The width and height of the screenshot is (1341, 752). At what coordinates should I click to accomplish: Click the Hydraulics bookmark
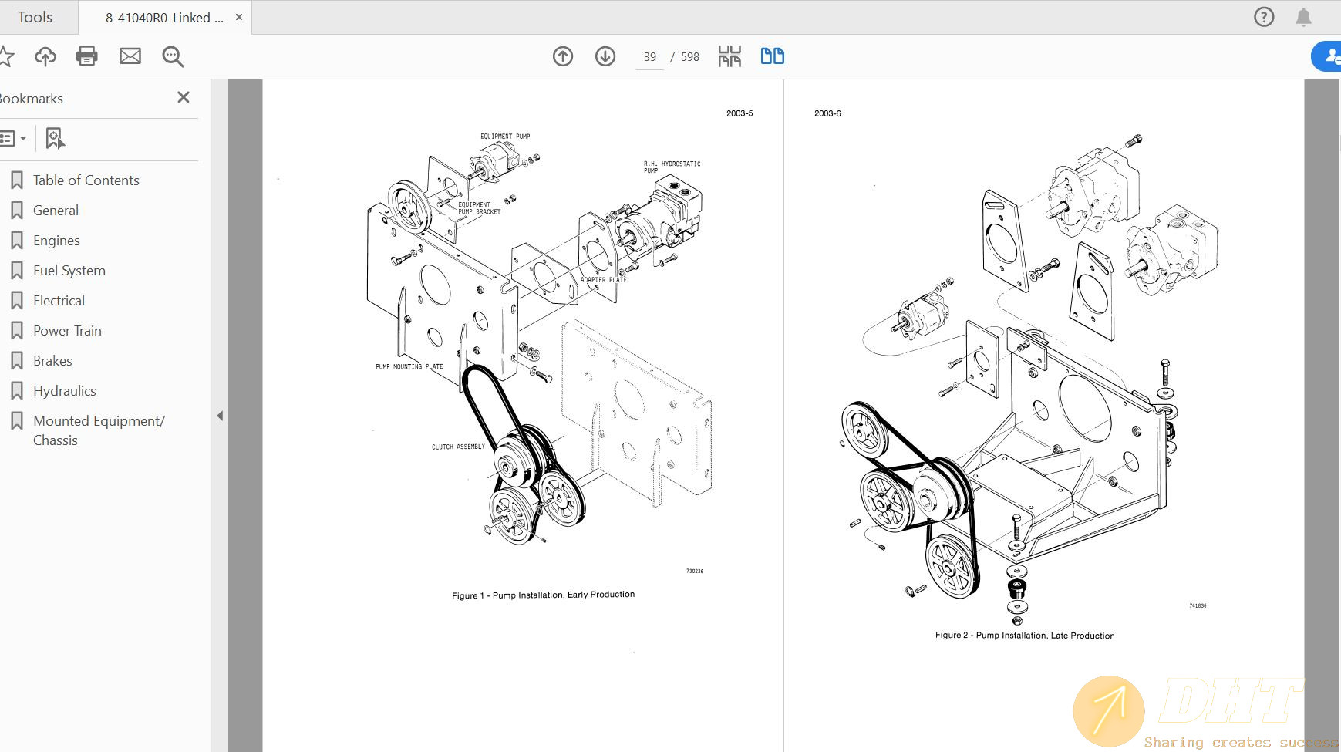(64, 391)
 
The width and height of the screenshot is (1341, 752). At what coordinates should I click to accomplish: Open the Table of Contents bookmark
(86, 180)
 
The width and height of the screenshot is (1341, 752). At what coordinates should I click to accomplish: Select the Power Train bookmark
(67, 331)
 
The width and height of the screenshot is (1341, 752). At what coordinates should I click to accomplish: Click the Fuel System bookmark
(69, 271)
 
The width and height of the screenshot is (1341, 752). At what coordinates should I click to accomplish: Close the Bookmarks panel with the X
(183, 97)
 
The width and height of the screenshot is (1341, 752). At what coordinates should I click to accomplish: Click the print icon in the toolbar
(87, 56)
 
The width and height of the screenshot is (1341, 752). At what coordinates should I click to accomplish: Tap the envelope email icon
(130, 56)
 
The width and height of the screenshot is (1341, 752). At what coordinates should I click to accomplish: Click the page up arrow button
(563, 56)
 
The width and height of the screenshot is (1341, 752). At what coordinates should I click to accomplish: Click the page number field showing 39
(649, 57)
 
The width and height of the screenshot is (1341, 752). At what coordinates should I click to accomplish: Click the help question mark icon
(1264, 17)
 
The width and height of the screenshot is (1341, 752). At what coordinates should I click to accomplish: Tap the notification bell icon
(1303, 17)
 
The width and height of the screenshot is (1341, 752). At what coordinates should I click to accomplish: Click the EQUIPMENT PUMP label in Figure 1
(505, 137)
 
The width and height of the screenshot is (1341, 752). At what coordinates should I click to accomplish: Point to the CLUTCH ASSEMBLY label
(458, 447)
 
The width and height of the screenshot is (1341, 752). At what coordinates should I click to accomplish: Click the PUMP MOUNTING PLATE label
(409, 367)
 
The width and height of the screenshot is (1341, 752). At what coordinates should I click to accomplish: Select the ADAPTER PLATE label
(603, 280)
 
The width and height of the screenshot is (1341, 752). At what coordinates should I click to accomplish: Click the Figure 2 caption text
(1024, 636)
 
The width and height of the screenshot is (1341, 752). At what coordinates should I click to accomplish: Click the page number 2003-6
(827, 113)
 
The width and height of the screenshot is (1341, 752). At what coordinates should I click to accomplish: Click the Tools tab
(35, 17)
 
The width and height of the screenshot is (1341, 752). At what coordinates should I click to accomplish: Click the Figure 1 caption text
(543, 595)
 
